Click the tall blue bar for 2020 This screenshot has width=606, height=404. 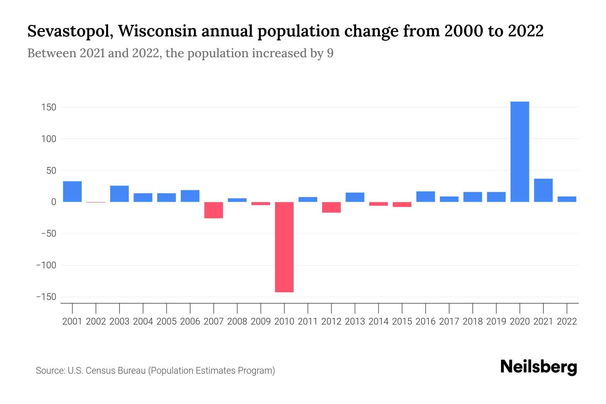point(519,151)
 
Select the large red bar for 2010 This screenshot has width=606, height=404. point(284,247)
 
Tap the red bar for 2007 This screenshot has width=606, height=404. point(213,210)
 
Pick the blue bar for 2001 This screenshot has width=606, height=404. point(72,192)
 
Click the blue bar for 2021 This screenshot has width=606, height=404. point(543,190)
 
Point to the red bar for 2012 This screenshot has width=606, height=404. point(331,207)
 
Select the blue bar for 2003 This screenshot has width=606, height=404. point(120,194)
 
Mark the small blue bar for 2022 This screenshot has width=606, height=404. point(567,199)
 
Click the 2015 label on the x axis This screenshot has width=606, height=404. point(402,322)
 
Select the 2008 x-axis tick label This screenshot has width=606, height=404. point(237,322)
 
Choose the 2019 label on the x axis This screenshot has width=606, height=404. point(496,322)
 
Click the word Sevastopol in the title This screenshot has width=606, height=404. point(70,31)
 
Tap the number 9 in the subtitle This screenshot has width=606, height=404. point(330,53)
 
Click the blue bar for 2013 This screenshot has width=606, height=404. point(355,197)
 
